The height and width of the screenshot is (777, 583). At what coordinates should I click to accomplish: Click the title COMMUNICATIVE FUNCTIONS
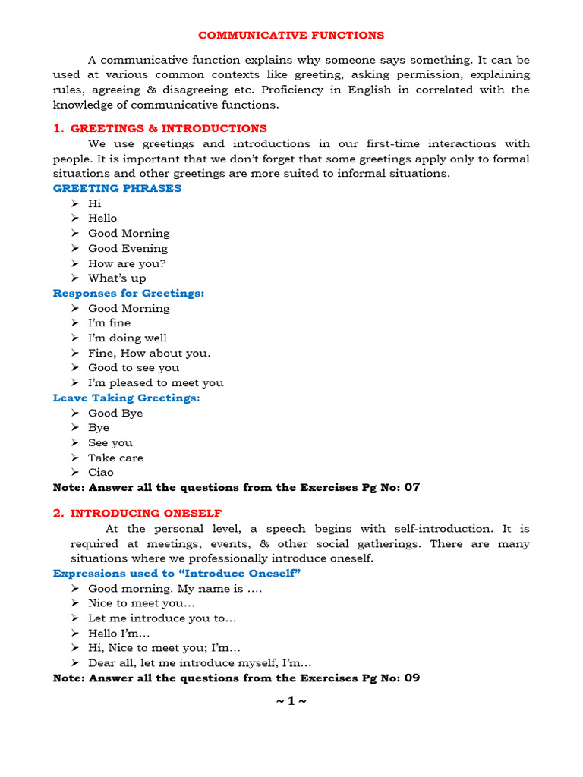[x=291, y=36]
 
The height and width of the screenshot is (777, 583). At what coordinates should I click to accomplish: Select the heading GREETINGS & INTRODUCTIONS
[x=169, y=128]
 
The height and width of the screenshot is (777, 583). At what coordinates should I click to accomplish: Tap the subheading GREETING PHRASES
[x=117, y=188]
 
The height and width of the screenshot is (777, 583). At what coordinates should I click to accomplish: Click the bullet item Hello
[x=102, y=218]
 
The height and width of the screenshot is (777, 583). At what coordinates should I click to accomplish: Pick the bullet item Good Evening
[x=128, y=248]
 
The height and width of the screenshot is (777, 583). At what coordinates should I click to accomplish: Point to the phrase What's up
[x=117, y=278]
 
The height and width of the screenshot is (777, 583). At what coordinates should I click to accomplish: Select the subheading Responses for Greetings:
[x=128, y=293]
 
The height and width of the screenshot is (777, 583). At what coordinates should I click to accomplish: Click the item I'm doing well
[x=128, y=338]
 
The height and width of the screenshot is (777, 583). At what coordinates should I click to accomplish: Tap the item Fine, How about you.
[x=149, y=353]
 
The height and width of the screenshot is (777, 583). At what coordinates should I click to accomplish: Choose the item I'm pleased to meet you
[x=156, y=382]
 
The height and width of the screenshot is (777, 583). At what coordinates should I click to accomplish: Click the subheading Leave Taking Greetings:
[x=126, y=398]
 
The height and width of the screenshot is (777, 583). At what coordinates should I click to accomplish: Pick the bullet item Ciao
[x=101, y=472]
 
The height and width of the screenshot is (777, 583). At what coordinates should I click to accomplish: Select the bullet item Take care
[x=115, y=458]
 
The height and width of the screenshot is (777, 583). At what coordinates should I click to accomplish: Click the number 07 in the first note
[x=411, y=487]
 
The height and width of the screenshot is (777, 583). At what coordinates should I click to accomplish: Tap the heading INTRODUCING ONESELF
[x=146, y=513]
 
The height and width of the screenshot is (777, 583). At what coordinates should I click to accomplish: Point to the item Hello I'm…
[x=119, y=633]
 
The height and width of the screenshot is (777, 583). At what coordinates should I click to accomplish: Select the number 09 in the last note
[x=411, y=678]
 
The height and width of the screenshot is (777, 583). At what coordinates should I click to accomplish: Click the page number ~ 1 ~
[x=291, y=700]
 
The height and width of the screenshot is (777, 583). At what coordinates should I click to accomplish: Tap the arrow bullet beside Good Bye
[x=74, y=413]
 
